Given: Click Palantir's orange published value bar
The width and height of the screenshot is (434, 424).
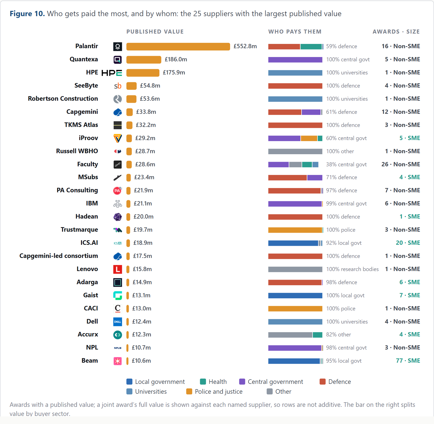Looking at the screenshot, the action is (x=178, y=46).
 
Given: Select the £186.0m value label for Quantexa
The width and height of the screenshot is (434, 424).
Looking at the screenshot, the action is (x=176, y=59).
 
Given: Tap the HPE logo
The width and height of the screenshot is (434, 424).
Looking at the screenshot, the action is (x=112, y=73).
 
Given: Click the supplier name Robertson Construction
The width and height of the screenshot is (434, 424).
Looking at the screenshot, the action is (x=63, y=99).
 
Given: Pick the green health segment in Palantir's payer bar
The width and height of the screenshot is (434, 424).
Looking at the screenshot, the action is (x=311, y=46).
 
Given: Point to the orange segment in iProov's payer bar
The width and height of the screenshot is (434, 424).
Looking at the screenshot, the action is (x=309, y=138).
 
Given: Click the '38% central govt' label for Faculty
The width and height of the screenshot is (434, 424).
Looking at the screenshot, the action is (x=346, y=165).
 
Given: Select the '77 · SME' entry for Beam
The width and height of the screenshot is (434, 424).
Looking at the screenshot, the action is (x=408, y=361).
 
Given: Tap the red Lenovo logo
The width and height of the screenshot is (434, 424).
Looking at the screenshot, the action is (x=118, y=269).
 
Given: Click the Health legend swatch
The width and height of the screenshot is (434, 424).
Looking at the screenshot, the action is (x=203, y=382).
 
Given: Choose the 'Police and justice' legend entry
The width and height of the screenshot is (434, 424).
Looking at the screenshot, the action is (x=214, y=391).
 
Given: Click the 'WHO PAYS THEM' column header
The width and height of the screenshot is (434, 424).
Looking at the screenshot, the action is (x=295, y=32).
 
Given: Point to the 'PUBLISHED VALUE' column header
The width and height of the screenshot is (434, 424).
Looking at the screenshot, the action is (x=155, y=32).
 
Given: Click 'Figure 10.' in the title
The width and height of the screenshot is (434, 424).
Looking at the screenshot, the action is (x=27, y=14).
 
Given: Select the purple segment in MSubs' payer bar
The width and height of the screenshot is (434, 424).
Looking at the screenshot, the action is (x=315, y=177).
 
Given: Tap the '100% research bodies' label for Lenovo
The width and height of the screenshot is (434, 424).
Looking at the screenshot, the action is (x=352, y=269).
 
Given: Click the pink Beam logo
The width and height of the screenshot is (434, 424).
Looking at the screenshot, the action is (x=118, y=361).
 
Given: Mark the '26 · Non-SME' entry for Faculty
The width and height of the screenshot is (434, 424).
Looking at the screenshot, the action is (x=401, y=164).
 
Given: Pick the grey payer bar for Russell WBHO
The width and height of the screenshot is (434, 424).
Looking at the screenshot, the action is (x=295, y=151).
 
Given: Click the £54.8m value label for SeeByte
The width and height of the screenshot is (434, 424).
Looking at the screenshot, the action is (x=150, y=86).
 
